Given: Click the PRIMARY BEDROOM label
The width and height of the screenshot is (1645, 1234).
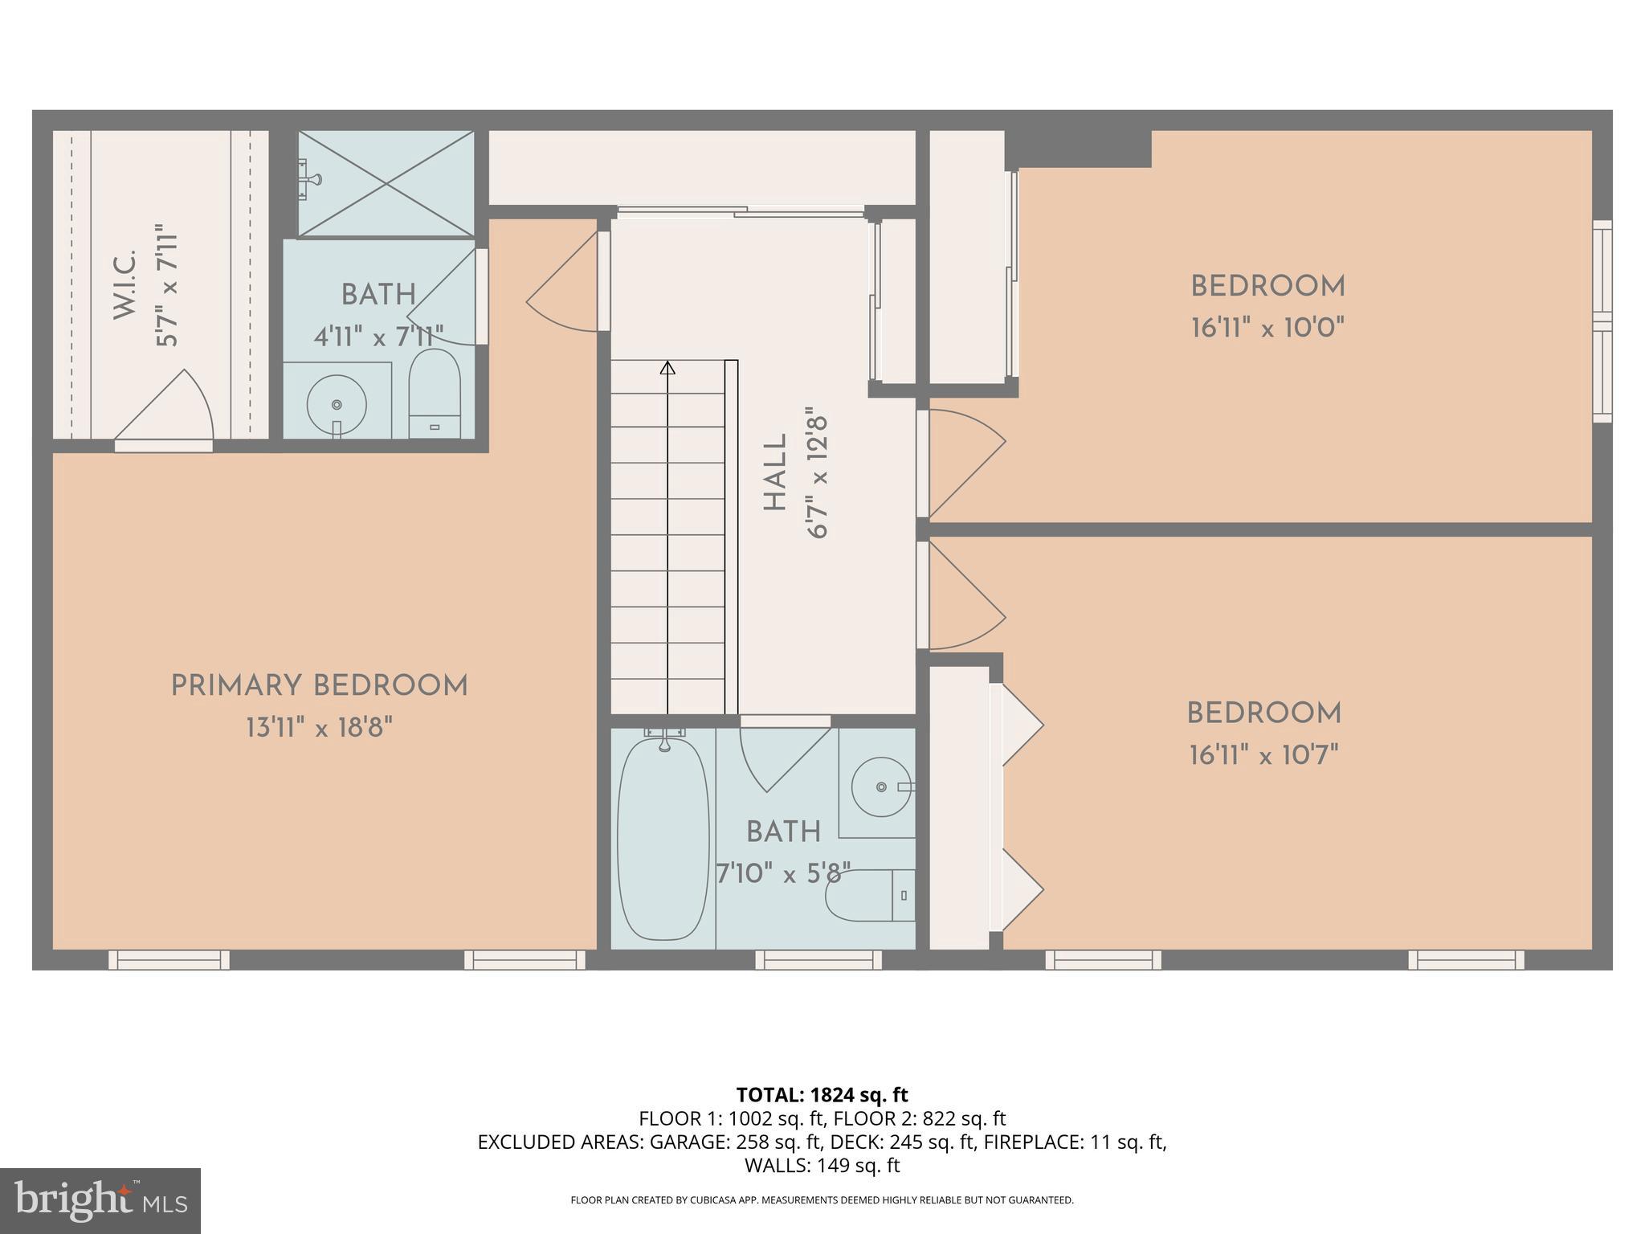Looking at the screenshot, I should click(x=319, y=686).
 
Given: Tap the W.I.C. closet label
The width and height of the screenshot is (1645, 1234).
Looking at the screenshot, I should click(x=124, y=284).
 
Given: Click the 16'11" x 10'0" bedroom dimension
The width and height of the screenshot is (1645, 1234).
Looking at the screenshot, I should click(x=1267, y=328).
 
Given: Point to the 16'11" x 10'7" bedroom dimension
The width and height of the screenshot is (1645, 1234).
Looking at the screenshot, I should click(x=1264, y=755).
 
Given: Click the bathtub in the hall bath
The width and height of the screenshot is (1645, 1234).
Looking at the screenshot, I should click(x=663, y=838).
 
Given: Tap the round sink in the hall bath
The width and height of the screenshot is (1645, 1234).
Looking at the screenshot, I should click(x=881, y=787).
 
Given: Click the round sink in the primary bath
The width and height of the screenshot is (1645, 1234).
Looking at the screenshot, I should click(x=337, y=405).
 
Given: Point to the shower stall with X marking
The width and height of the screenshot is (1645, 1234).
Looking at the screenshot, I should click(x=386, y=184).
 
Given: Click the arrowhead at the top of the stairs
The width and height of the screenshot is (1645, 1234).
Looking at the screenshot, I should click(x=667, y=368).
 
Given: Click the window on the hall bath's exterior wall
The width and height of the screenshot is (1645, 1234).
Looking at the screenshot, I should click(x=818, y=959).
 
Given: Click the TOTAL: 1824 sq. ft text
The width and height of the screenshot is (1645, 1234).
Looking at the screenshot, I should click(x=822, y=1094).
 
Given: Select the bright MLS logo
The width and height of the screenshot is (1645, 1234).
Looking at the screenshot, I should click(x=100, y=1200).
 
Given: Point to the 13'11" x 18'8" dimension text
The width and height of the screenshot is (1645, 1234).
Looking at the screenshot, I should click(x=319, y=729).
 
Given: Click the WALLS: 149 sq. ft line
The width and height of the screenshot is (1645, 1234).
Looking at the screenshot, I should click(x=822, y=1165).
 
